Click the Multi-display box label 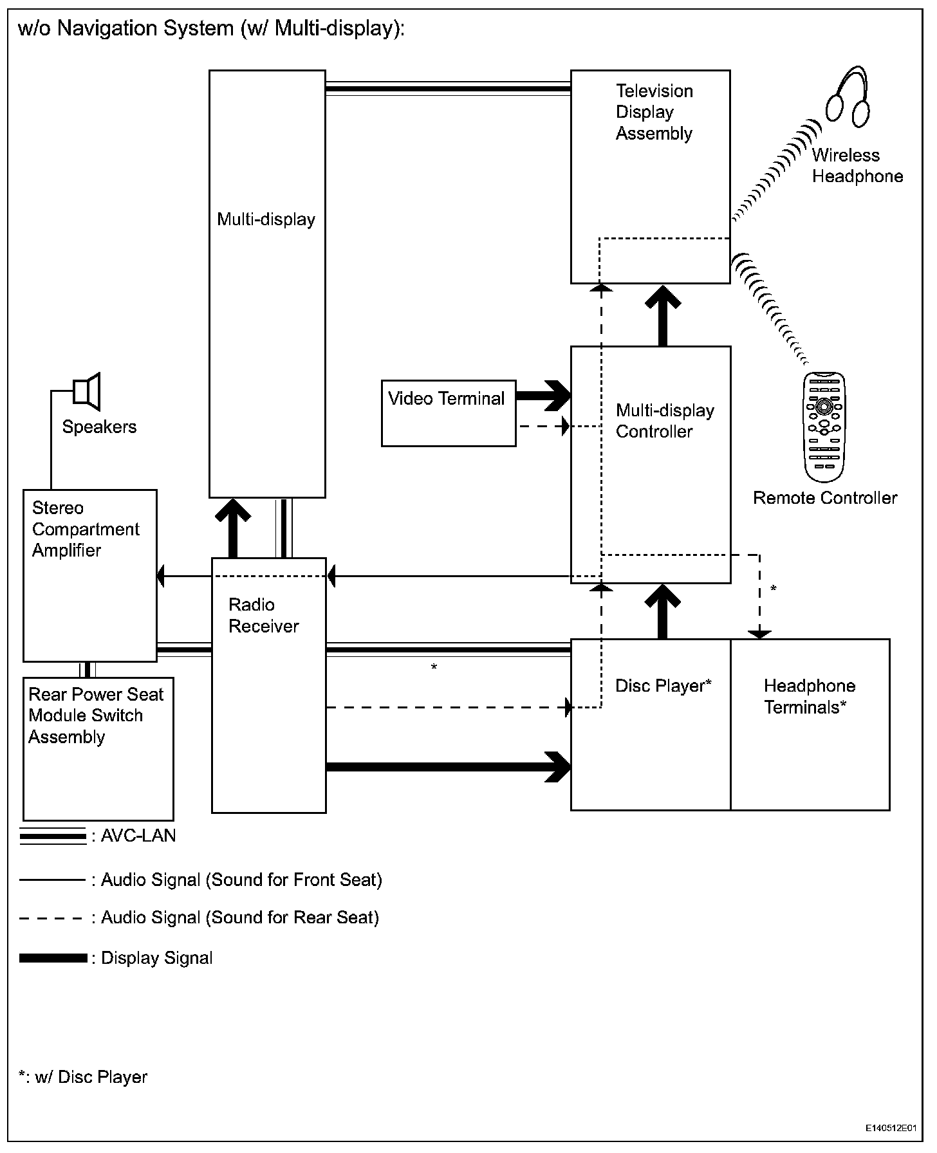tap(266, 219)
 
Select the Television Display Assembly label tap(654, 112)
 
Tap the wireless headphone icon tap(848, 96)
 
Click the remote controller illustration tap(824, 427)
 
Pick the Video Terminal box tap(448, 413)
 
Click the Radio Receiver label tap(263, 616)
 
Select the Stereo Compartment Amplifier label tap(85, 529)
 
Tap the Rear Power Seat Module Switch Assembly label tap(95, 715)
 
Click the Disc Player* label tap(663, 686)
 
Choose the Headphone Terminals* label tap(809, 697)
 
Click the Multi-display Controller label tap(664, 421)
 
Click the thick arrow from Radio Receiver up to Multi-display tap(232, 528)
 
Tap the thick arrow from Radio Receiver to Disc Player tap(449, 767)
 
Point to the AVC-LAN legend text tap(138, 836)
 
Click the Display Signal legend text tap(156, 958)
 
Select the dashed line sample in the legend tap(51, 919)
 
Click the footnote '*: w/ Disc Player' tap(83, 1077)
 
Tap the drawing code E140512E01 tap(890, 1128)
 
